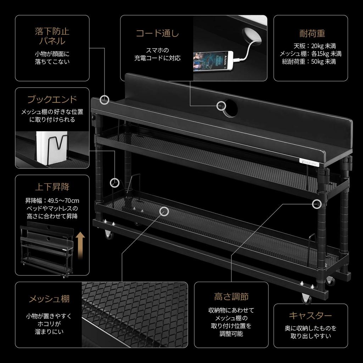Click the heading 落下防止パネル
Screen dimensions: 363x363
coord(52,36)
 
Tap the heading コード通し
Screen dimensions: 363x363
coord(158,34)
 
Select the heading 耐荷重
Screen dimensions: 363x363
coord(312,34)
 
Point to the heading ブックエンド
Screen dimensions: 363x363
coord(52,99)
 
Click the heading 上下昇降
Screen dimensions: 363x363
coord(52,186)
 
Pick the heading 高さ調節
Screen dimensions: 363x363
coord(231,296)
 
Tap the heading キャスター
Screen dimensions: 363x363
coord(310,315)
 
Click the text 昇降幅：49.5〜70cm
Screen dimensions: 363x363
coord(52,200)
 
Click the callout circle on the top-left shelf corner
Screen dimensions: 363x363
coord(104,100)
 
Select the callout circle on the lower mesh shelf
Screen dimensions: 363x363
coord(164,212)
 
